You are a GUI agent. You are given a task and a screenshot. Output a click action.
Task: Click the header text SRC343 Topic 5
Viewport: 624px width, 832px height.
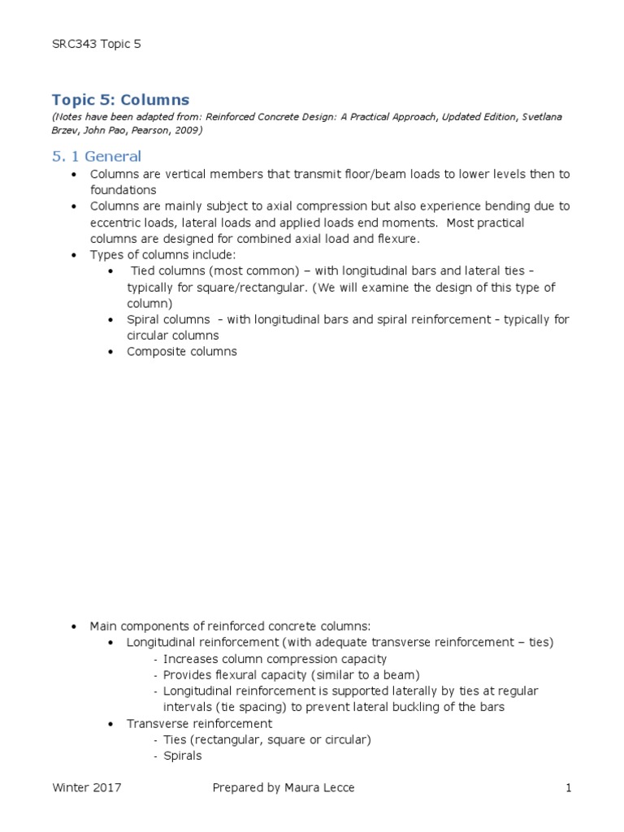[96, 44]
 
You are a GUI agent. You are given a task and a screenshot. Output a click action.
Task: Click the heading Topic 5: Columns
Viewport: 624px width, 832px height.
[120, 100]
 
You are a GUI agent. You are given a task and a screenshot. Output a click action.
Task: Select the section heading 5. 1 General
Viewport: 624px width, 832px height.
[96, 156]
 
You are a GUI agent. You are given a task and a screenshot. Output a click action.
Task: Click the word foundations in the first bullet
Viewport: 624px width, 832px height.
[123, 190]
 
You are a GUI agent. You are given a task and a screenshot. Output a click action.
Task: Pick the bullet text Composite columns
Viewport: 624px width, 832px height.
[181, 352]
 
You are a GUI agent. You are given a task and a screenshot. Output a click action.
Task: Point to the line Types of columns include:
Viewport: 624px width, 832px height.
[162, 254]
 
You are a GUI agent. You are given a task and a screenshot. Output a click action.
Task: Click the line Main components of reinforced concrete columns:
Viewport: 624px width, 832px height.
[230, 626]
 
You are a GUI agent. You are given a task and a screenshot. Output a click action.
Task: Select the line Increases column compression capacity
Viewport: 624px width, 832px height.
[275, 659]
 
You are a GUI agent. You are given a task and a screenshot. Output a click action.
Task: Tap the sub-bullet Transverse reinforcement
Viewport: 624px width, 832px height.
[200, 723]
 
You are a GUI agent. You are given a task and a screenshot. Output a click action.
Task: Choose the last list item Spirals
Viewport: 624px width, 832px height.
[182, 756]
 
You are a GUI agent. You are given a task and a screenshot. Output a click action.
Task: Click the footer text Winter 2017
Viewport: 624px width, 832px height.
[88, 787]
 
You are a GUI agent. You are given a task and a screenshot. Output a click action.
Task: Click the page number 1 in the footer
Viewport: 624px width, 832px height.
[570, 787]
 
